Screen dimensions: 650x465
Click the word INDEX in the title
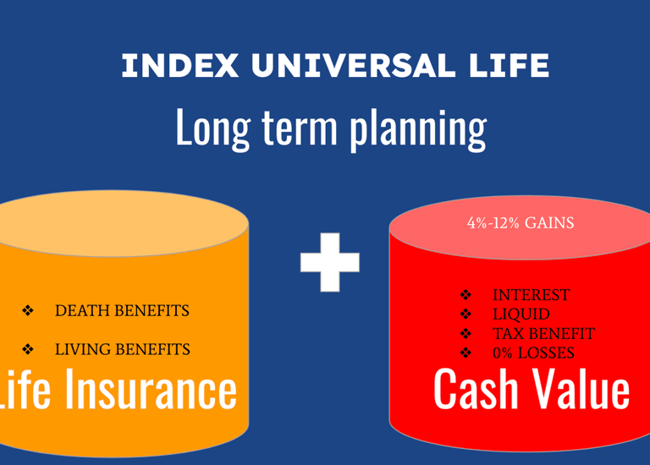(180, 65)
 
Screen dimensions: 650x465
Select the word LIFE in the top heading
(510, 65)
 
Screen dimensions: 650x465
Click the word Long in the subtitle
(213, 129)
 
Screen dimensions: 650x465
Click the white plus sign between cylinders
(330, 263)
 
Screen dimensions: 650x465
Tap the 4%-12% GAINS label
(521, 223)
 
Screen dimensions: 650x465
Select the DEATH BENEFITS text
(122, 310)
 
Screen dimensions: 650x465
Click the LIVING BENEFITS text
(122, 349)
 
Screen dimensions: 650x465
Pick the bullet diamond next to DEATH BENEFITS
(28, 310)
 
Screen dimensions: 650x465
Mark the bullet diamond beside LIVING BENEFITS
(28, 349)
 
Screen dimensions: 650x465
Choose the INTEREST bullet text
(531, 295)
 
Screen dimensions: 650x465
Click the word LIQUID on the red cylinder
(521, 315)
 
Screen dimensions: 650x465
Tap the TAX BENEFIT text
(543, 333)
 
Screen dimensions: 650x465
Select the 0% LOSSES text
(533, 353)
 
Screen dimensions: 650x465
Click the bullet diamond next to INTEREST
(465, 295)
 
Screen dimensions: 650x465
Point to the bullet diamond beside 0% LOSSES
(465, 353)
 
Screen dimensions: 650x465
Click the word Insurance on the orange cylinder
(151, 389)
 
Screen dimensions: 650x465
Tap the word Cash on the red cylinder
(476, 389)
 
